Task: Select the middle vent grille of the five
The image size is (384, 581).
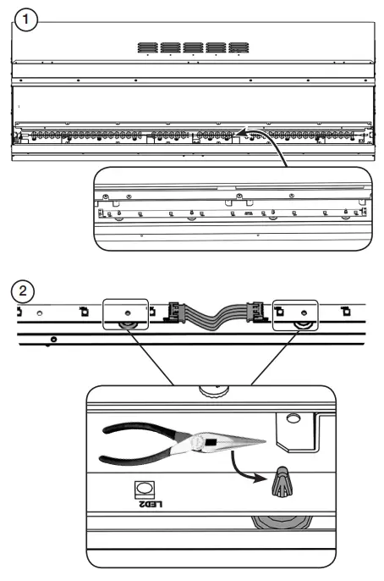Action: tap(193, 47)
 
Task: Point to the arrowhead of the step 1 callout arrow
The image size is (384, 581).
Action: tap(239, 132)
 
